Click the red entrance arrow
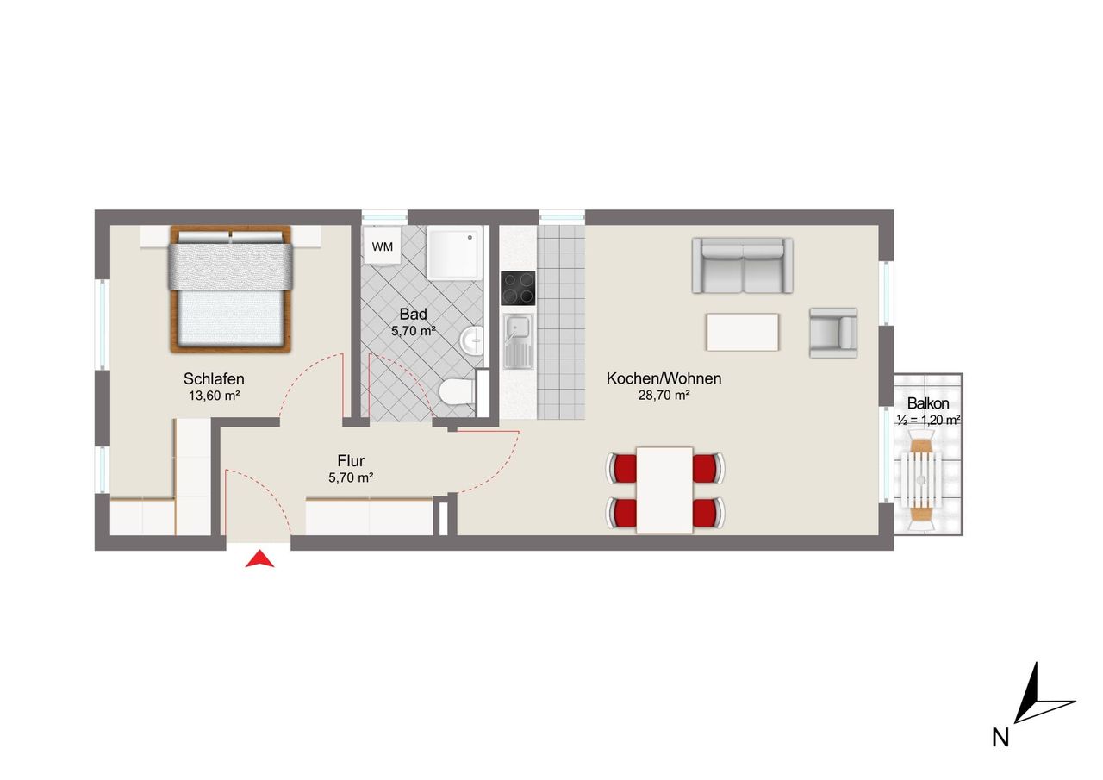(259, 561)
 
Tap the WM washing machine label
(382, 246)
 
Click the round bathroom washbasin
(471, 340)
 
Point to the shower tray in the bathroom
(454, 253)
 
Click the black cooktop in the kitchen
(518, 288)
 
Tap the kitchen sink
(518, 342)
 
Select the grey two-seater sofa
(742, 265)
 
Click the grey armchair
(833, 333)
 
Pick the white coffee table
(743, 332)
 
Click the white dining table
(664, 490)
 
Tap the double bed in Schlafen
(230, 289)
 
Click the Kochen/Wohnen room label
(664, 378)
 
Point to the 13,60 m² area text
(215, 396)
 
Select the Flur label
(351, 460)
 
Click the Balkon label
(928, 403)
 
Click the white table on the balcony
(921, 479)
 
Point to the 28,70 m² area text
(664, 395)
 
